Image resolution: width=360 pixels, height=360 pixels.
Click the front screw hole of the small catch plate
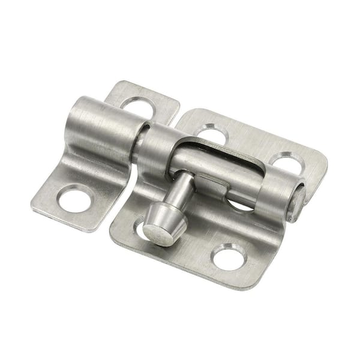coord(75,199)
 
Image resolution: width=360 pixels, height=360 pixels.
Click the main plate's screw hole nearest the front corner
coord(230,257)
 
